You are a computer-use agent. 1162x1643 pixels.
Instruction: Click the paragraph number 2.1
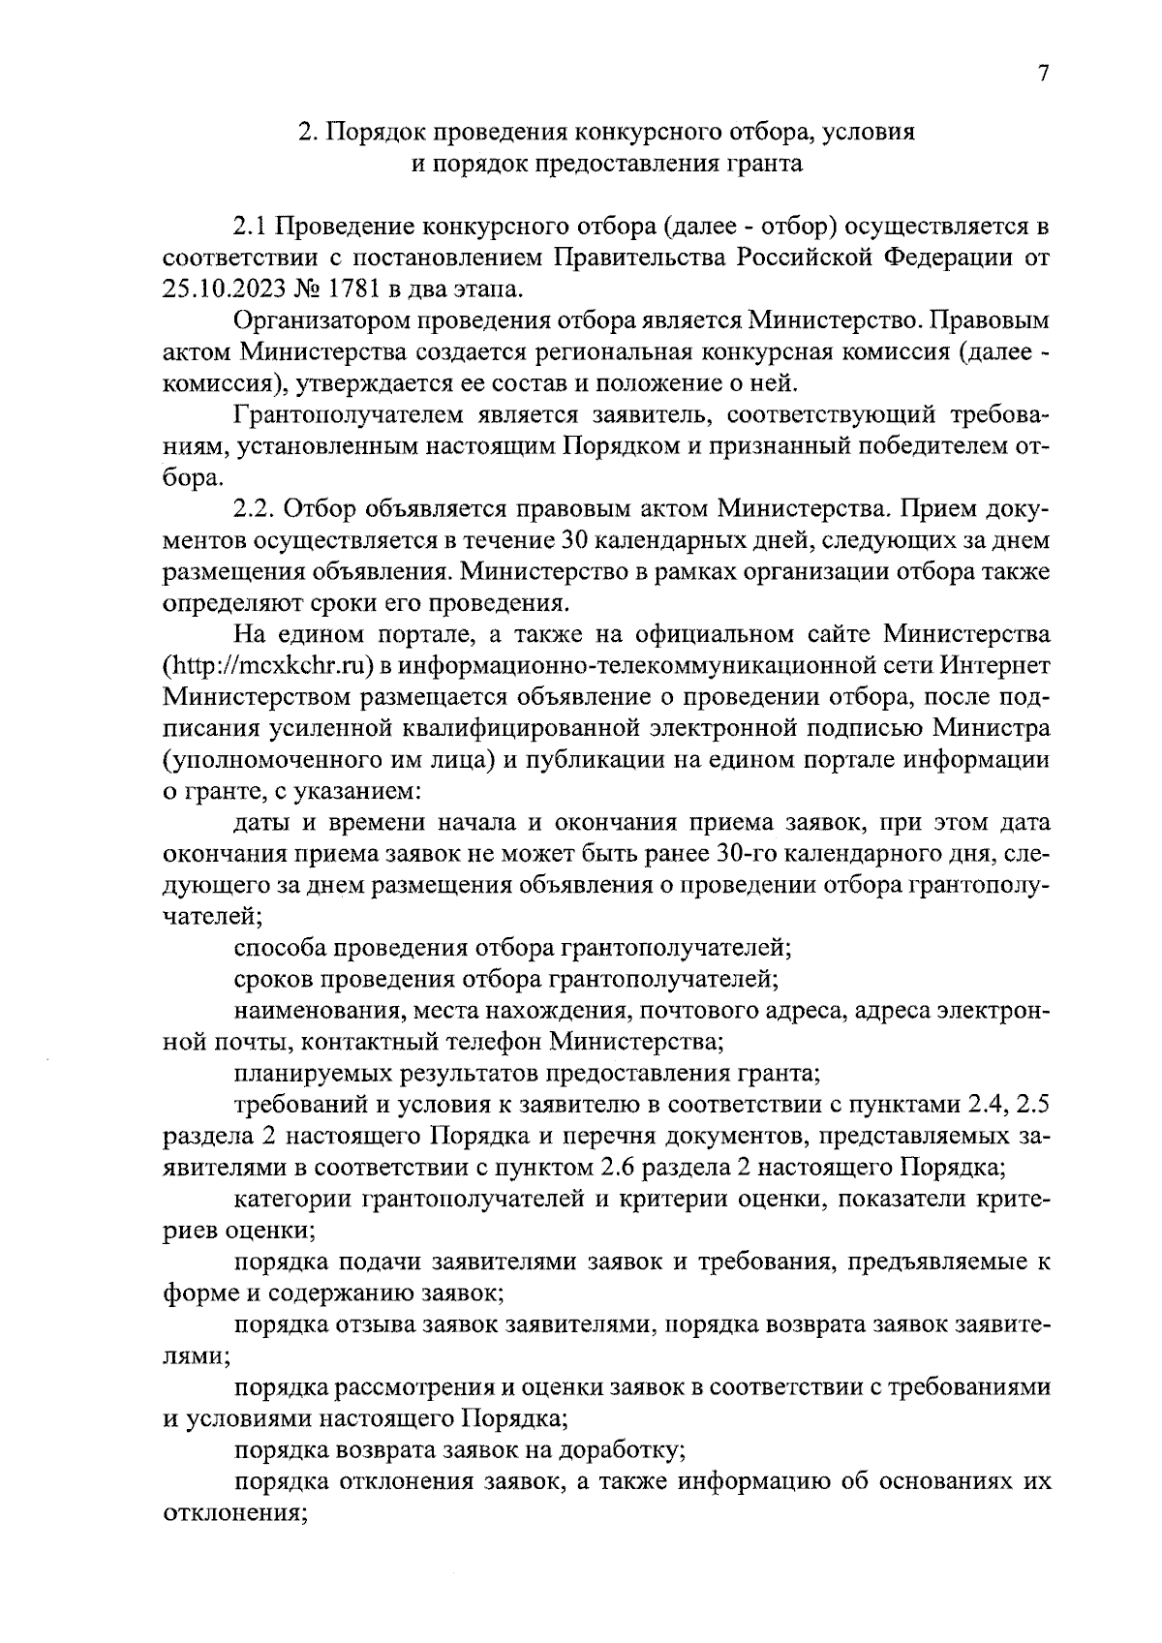tap(251, 228)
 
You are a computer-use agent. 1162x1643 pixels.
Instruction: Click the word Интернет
tap(994, 666)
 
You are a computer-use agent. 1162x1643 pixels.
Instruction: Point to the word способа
tap(279, 947)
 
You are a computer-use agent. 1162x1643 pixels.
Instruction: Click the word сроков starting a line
tap(273, 979)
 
